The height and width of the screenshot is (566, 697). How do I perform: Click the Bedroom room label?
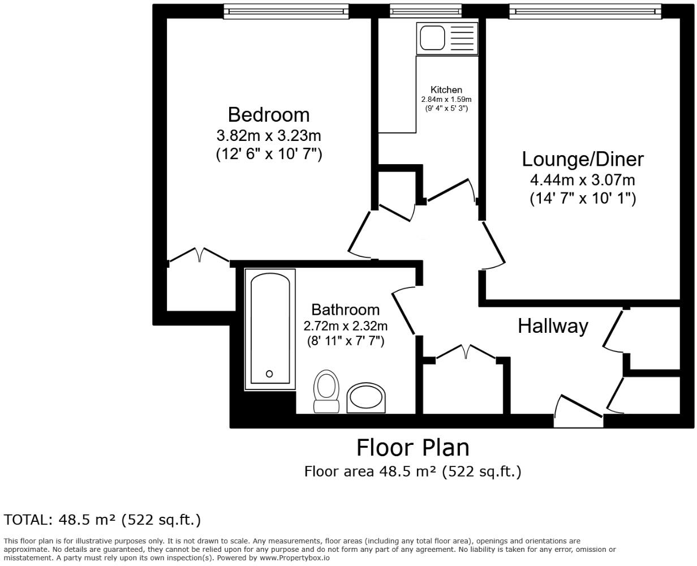click(269, 115)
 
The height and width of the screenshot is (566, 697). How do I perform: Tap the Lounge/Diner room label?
click(582, 159)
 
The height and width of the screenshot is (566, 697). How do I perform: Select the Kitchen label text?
click(446, 89)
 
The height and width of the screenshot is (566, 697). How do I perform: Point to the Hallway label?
click(553, 326)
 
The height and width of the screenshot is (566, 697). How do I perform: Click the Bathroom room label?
click(345, 310)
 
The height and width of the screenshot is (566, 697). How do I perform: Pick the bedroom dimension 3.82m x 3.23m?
click(269, 136)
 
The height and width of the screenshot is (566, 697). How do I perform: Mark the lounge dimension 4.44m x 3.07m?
click(582, 180)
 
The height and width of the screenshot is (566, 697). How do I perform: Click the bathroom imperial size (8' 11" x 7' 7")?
click(345, 341)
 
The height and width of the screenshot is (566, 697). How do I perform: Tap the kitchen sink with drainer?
click(447, 38)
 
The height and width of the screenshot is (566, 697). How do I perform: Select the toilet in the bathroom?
click(325, 391)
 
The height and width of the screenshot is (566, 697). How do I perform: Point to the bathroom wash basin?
click(366, 398)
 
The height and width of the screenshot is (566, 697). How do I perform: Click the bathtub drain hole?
click(269, 374)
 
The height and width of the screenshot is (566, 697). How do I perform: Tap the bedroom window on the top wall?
click(286, 11)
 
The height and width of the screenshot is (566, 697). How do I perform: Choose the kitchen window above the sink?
click(425, 11)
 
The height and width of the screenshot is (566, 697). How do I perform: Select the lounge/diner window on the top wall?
click(585, 11)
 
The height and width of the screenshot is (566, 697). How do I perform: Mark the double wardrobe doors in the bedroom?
click(199, 256)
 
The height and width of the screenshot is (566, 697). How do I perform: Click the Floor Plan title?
click(412, 448)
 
